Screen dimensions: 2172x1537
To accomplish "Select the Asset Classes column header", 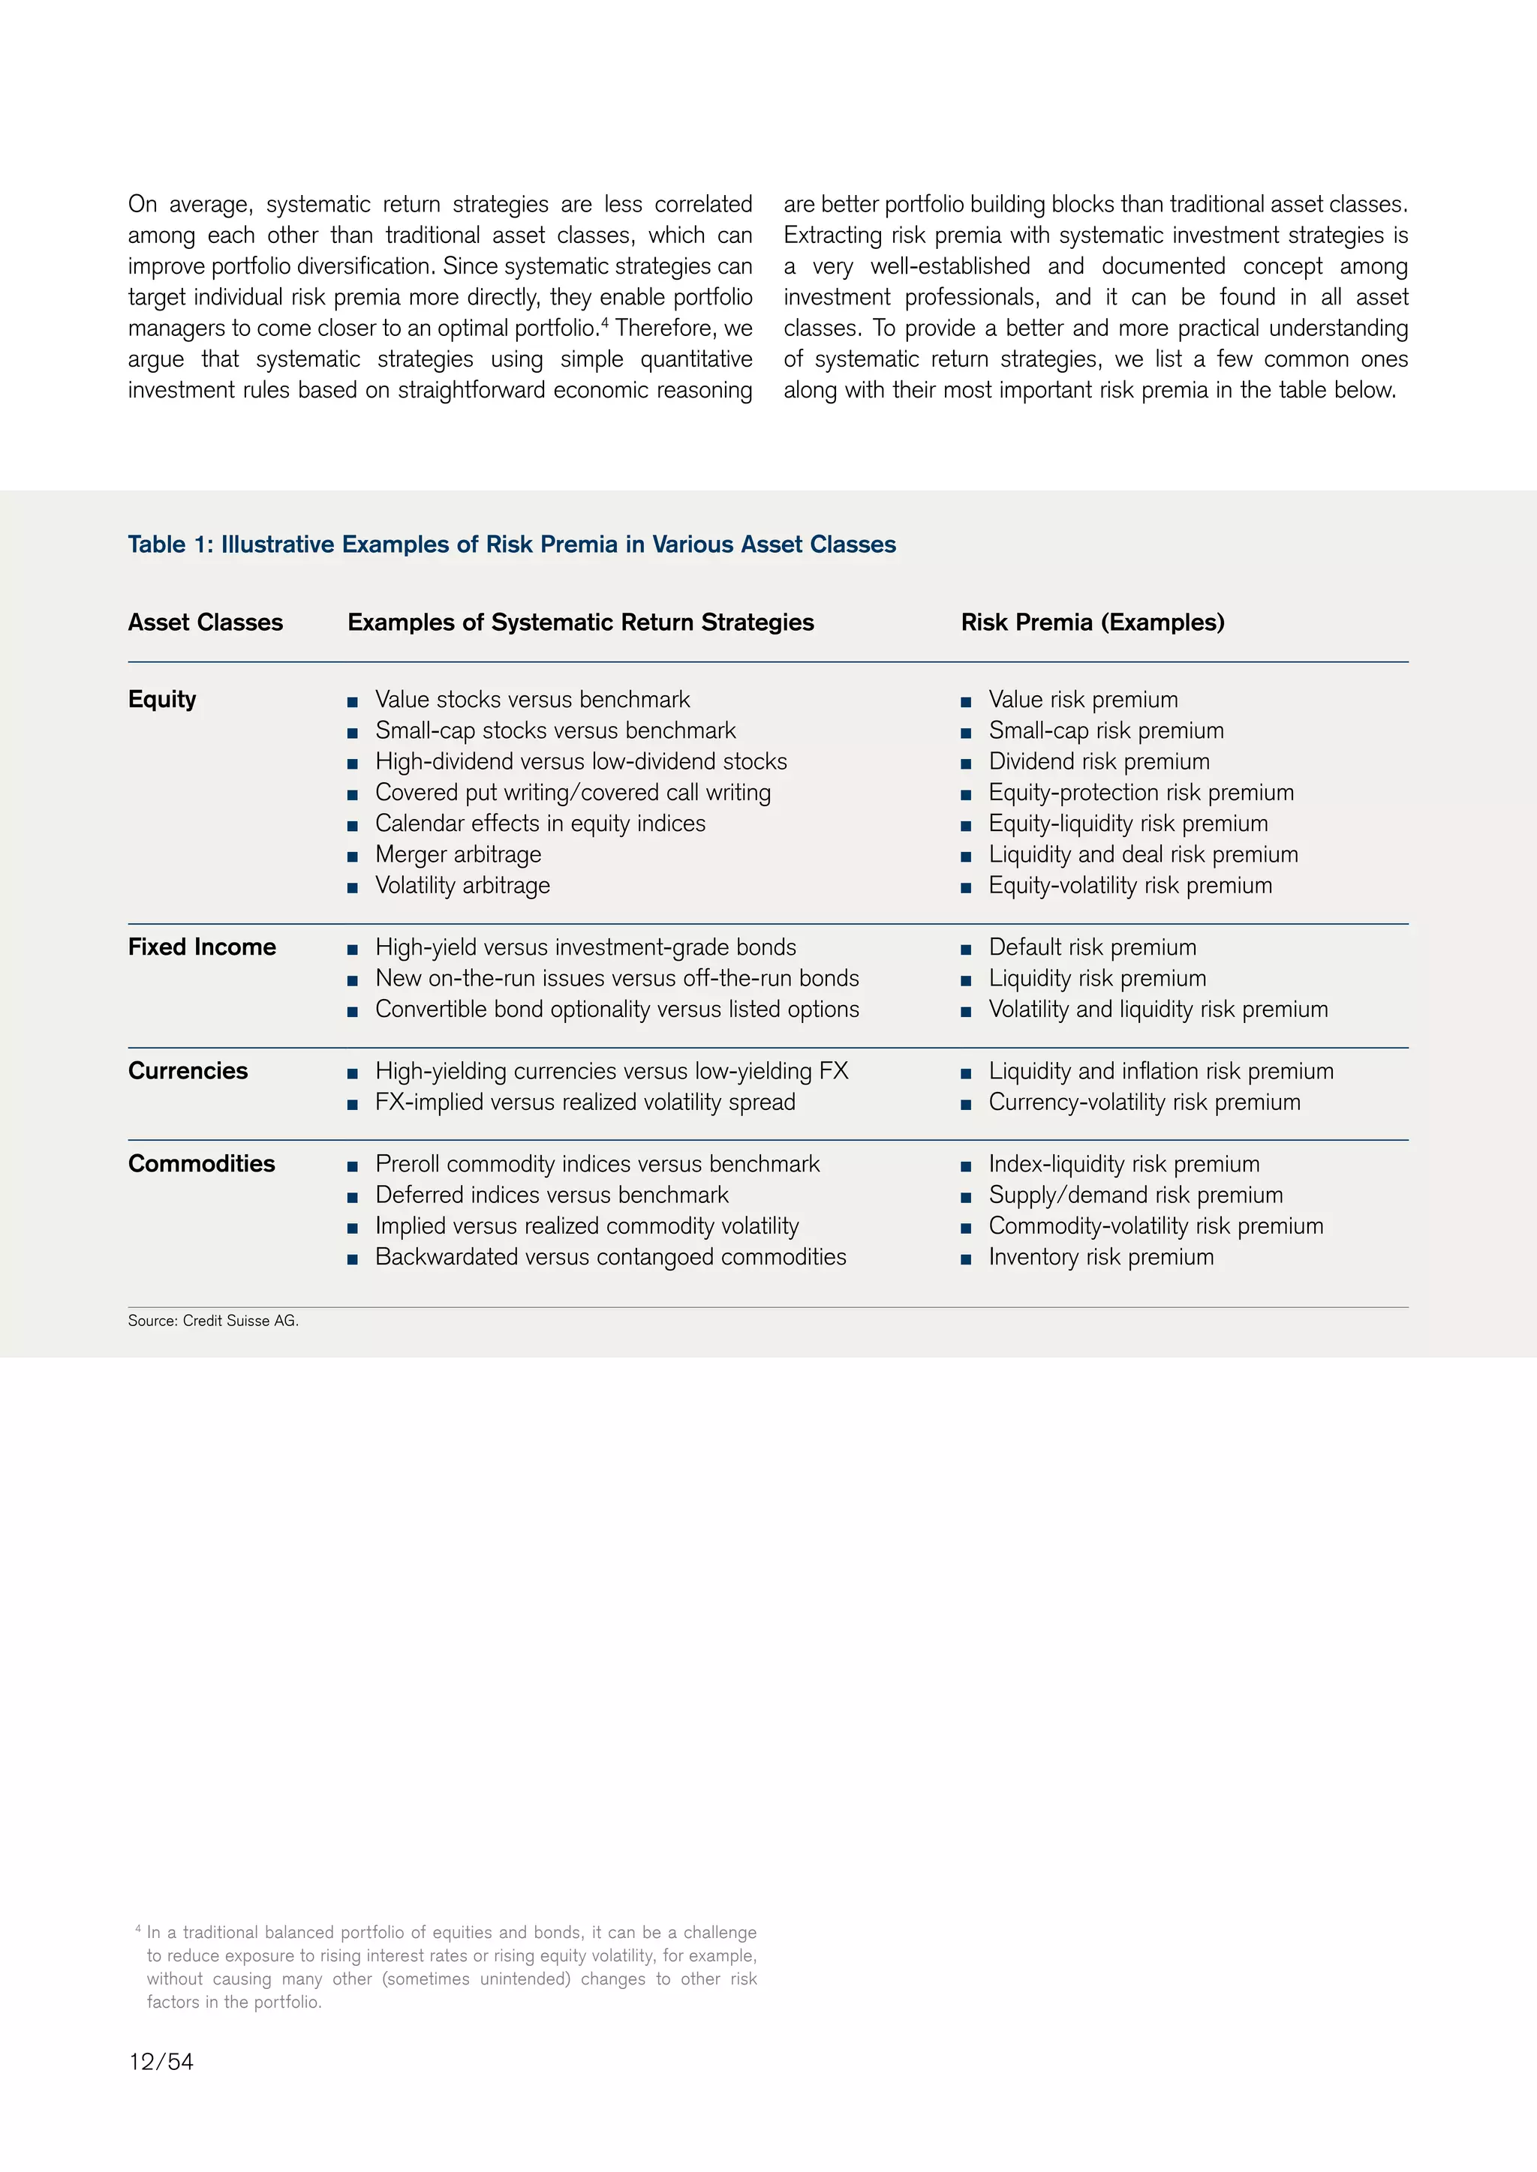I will (x=206, y=622).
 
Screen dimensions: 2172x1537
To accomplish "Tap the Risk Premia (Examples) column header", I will (x=1092, y=622).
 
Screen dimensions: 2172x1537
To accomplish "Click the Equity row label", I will (x=162, y=699).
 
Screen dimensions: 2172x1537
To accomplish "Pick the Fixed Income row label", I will (x=202, y=947).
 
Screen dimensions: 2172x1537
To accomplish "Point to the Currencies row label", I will (x=188, y=1071).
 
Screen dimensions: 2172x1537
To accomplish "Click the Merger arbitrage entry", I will (x=458, y=854).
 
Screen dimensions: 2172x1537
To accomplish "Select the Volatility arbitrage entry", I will (x=462, y=886).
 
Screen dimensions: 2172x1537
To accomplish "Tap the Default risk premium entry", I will (x=1092, y=947).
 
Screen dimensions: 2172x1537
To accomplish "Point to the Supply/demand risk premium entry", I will (x=1135, y=1195).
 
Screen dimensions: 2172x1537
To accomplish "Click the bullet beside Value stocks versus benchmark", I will (x=352, y=702).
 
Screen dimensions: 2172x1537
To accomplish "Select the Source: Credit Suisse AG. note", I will (x=213, y=1321).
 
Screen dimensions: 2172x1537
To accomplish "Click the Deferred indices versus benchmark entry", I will (x=551, y=1195).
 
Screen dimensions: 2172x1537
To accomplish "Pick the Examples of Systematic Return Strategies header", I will (x=580, y=622).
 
